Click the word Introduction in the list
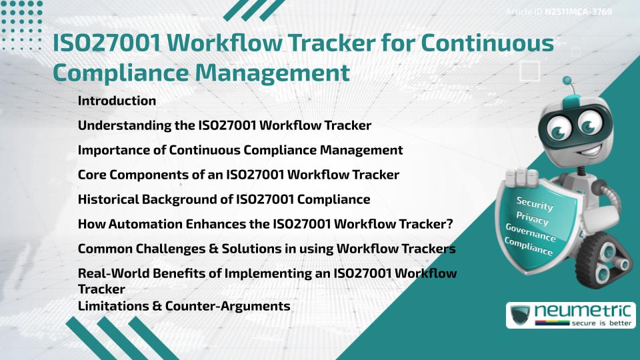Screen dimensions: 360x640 pos(117,101)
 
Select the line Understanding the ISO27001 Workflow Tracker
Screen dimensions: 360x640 pos(224,125)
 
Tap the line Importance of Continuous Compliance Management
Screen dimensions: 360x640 pos(240,150)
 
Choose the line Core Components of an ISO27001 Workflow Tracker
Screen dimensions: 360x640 pos(238,175)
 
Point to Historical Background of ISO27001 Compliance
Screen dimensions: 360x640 pos(224,199)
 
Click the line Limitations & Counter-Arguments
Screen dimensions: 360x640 pos(184,307)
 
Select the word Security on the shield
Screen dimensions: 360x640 pos(535,203)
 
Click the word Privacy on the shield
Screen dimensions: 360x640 pos(532,218)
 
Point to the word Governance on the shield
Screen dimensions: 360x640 pos(531,233)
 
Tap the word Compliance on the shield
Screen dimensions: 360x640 pos(529,247)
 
